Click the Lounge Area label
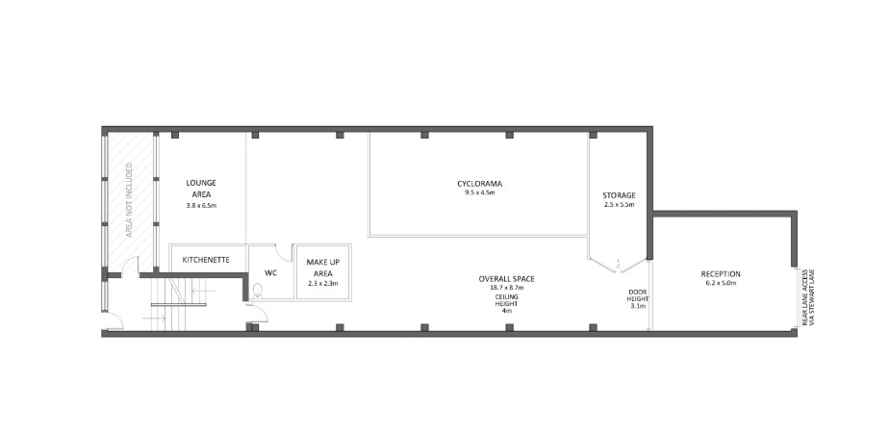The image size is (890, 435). click(x=201, y=188)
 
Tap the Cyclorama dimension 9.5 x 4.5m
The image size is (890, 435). click(x=479, y=193)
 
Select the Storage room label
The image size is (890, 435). click(x=619, y=195)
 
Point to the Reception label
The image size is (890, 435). click(x=721, y=273)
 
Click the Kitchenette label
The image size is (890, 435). click(x=206, y=260)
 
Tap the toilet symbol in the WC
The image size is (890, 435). click(x=258, y=291)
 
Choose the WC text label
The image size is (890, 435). click(x=271, y=273)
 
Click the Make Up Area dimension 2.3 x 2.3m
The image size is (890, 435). click(x=323, y=283)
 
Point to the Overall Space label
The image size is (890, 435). click(x=506, y=279)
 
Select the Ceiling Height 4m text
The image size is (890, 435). click(x=506, y=304)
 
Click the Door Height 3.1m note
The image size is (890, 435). click(x=637, y=298)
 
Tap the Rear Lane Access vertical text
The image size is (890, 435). click(x=808, y=297)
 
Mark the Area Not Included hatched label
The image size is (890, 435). click(x=130, y=200)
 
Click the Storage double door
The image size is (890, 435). click(x=618, y=266)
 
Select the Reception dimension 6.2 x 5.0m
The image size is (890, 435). click(x=721, y=283)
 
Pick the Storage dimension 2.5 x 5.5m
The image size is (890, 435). click(x=619, y=204)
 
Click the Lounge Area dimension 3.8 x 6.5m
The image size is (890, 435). click(x=201, y=206)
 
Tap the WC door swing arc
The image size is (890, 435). click(x=285, y=253)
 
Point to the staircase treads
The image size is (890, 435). click(x=168, y=304)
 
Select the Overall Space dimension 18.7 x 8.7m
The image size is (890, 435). click(x=506, y=288)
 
